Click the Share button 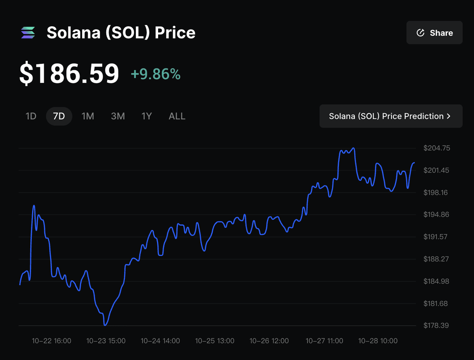pyautogui.click(x=434, y=33)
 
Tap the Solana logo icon pyautogui.click(x=28, y=33)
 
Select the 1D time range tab pyautogui.click(x=31, y=116)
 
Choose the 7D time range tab pyautogui.click(x=59, y=116)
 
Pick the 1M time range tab pyautogui.click(x=88, y=116)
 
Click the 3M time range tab pyautogui.click(x=118, y=116)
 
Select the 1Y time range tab pyautogui.click(x=147, y=116)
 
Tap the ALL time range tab pyautogui.click(x=177, y=116)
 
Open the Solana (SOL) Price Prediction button pyautogui.click(x=391, y=116)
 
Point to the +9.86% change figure pyautogui.click(x=156, y=74)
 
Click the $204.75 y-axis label pyautogui.click(x=437, y=148)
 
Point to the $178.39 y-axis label pyautogui.click(x=437, y=326)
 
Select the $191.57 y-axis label pyautogui.click(x=437, y=237)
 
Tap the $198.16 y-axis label pyautogui.click(x=437, y=193)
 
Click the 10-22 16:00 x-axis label pyautogui.click(x=51, y=341)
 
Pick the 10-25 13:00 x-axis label pyautogui.click(x=215, y=341)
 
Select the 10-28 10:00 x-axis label pyautogui.click(x=378, y=341)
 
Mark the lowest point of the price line pyautogui.click(x=106, y=325)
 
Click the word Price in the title pyautogui.click(x=175, y=33)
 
